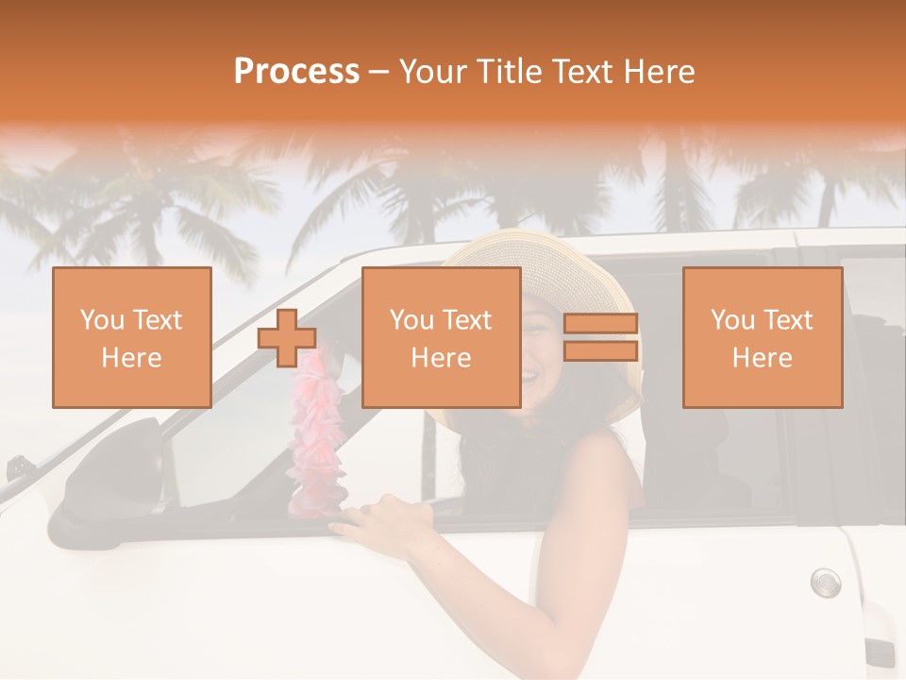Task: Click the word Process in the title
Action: [x=296, y=72]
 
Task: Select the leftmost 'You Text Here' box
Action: [x=131, y=337]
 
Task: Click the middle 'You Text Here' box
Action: [x=441, y=337]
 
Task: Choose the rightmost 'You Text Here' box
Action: [x=762, y=337]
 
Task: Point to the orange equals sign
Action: [x=600, y=337]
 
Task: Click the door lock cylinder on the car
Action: [x=825, y=581]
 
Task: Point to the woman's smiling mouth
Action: [x=530, y=376]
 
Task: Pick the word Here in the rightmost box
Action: [x=762, y=358]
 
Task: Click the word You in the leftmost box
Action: [x=101, y=320]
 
